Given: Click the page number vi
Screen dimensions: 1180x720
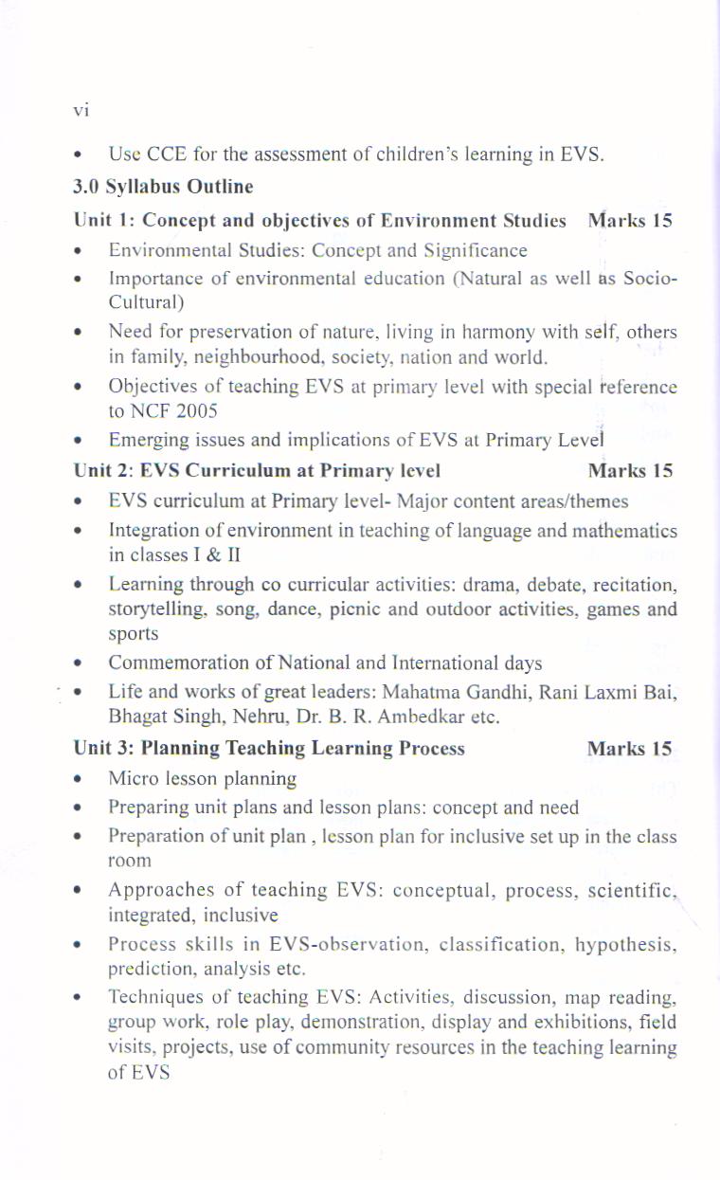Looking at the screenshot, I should pyautogui.click(x=81, y=112).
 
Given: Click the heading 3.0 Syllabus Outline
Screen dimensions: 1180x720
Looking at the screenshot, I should pyautogui.click(x=163, y=187).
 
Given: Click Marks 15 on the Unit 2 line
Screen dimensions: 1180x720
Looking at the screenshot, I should pyautogui.click(x=630, y=471).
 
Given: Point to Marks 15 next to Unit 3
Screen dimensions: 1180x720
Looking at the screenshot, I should pyautogui.click(x=629, y=749).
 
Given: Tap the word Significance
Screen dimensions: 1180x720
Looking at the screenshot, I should pyautogui.click(x=477, y=251).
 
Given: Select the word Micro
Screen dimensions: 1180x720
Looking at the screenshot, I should pyautogui.click(x=130, y=779).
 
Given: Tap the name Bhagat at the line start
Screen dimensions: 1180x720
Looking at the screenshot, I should pyautogui.click(x=134, y=717).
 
